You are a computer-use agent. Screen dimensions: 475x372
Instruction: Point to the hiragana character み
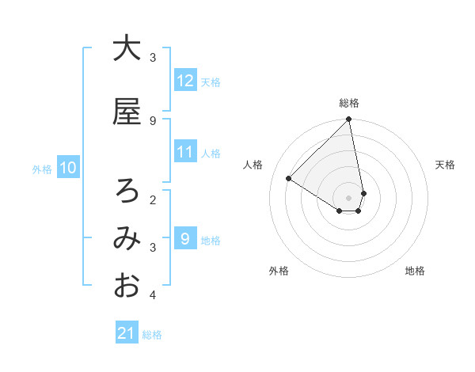(x=127, y=238)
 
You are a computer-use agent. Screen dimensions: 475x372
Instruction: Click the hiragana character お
(x=127, y=286)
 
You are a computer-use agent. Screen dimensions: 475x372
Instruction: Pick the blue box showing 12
(x=185, y=80)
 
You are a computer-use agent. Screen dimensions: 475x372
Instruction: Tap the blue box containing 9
(x=185, y=239)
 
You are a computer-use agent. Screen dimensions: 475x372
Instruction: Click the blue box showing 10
(x=68, y=168)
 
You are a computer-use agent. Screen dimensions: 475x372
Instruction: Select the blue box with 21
(x=127, y=333)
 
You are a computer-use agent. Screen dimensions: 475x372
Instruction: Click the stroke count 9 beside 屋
(x=153, y=120)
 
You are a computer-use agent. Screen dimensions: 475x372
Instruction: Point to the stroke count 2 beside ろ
(x=153, y=199)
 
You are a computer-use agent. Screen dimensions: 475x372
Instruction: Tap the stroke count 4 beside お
(x=153, y=295)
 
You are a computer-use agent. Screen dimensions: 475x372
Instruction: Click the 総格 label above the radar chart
(x=349, y=103)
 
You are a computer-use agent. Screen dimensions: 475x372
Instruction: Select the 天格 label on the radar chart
(x=445, y=165)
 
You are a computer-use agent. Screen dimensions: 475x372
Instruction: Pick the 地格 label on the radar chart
(x=415, y=271)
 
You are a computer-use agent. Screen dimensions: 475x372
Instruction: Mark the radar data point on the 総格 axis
(x=349, y=120)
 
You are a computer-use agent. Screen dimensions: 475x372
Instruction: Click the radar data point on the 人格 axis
(x=289, y=178)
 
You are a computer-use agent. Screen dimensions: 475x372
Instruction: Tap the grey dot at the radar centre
(x=349, y=197)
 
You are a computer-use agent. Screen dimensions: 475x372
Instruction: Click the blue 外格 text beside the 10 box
(x=41, y=169)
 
